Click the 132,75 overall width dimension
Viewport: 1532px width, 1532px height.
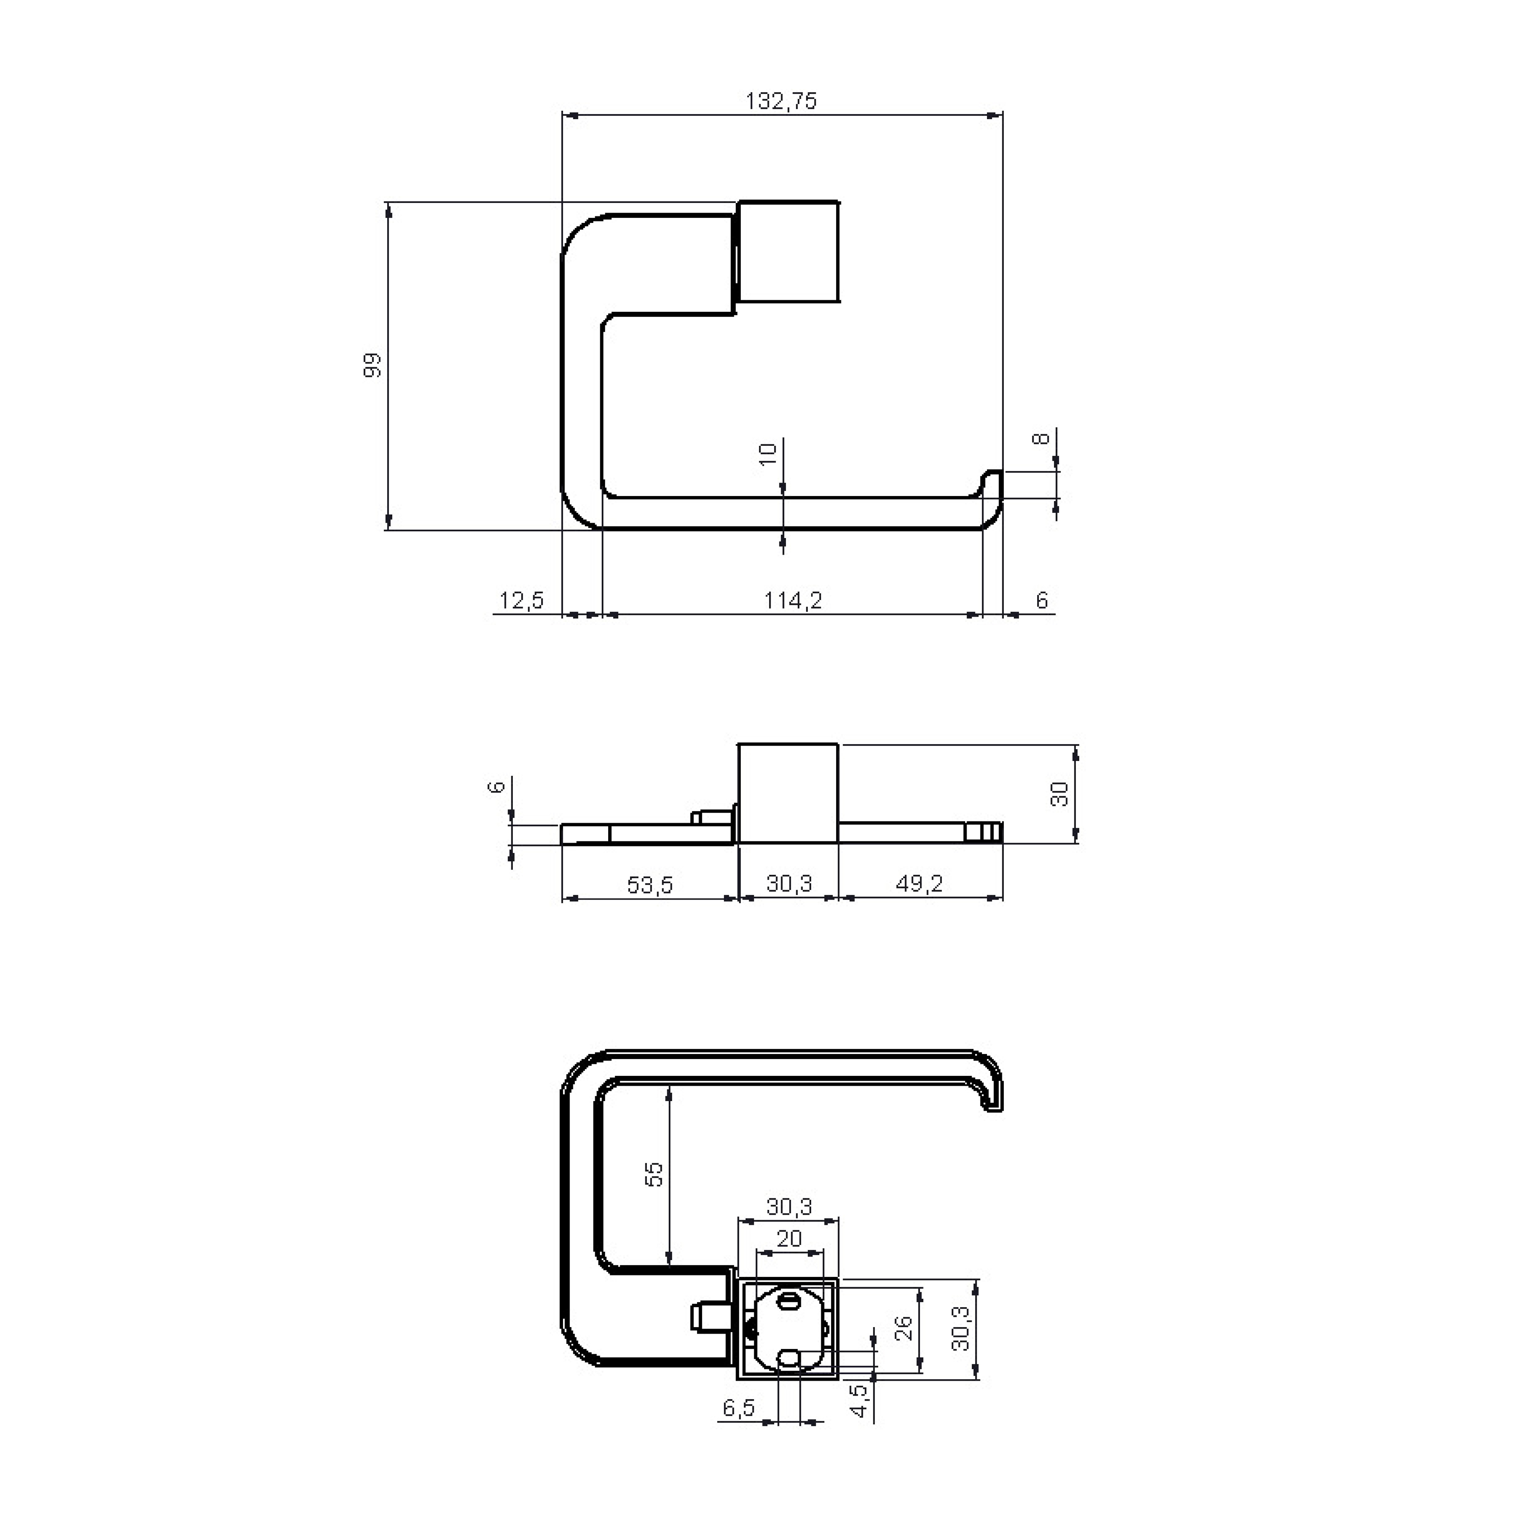(x=781, y=101)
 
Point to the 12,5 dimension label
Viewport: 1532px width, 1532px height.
(x=522, y=600)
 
